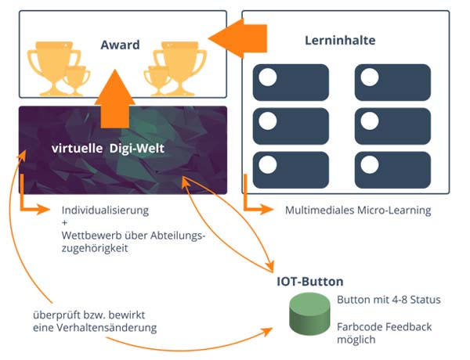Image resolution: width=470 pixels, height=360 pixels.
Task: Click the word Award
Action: (x=120, y=45)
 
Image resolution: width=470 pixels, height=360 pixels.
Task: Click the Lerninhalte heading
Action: (x=340, y=41)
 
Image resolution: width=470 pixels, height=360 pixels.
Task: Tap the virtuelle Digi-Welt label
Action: (x=108, y=149)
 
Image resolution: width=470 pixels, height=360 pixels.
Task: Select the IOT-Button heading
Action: (x=310, y=282)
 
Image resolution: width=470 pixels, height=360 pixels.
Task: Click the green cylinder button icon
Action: (x=309, y=314)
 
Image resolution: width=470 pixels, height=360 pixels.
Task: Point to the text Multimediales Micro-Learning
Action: (x=358, y=211)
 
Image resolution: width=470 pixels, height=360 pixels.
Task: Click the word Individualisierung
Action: (x=105, y=211)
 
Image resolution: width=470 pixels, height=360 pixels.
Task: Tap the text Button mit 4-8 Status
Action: (x=389, y=300)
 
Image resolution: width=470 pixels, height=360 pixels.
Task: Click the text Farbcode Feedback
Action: (x=385, y=327)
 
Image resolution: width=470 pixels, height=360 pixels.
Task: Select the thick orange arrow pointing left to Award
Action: (x=237, y=38)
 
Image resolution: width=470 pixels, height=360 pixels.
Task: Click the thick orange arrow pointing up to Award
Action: (x=115, y=99)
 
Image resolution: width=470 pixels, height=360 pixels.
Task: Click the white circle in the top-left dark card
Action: (x=268, y=77)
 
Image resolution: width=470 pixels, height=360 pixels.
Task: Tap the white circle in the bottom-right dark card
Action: (x=370, y=164)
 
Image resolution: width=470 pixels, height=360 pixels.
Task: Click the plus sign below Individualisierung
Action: (x=64, y=223)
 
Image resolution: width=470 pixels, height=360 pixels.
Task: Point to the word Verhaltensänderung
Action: (x=107, y=328)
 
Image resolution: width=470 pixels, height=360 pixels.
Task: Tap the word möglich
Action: (x=356, y=340)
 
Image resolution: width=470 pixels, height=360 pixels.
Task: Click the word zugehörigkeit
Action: (x=95, y=249)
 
